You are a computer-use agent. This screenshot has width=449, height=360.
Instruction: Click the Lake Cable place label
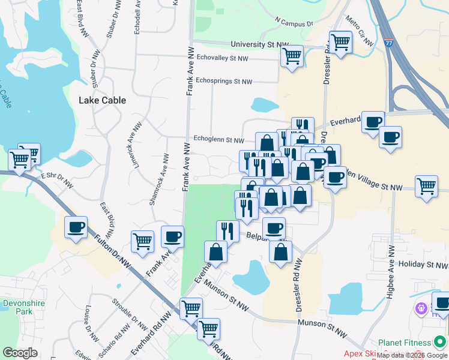coord(102,100)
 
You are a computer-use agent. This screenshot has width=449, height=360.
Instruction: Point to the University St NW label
coord(260,45)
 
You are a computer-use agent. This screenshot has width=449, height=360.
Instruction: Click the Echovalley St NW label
coord(222,59)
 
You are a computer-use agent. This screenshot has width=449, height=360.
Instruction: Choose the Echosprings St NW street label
coord(224,81)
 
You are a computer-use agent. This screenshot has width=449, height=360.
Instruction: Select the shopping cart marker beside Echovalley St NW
coord(292,56)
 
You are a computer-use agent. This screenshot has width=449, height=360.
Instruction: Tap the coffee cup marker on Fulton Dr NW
coord(76,227)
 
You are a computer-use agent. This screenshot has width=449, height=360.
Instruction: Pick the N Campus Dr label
coord(294,23)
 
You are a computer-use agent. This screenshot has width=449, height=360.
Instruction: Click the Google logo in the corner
coord(20,353)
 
